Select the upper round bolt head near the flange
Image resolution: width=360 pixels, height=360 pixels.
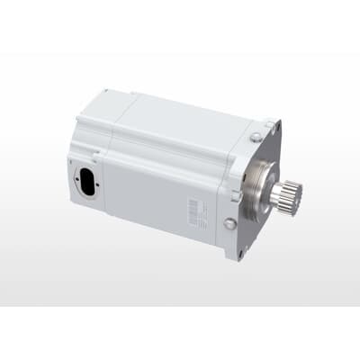(x=256, y=136)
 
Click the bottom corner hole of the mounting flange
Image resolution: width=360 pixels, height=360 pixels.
(x=239, y=254)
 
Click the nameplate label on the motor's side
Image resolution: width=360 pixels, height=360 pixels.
(x=194, y=211)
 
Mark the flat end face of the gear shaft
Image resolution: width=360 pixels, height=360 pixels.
(x=297, y=191)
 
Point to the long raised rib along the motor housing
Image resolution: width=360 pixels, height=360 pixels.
(x=171, y=148)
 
